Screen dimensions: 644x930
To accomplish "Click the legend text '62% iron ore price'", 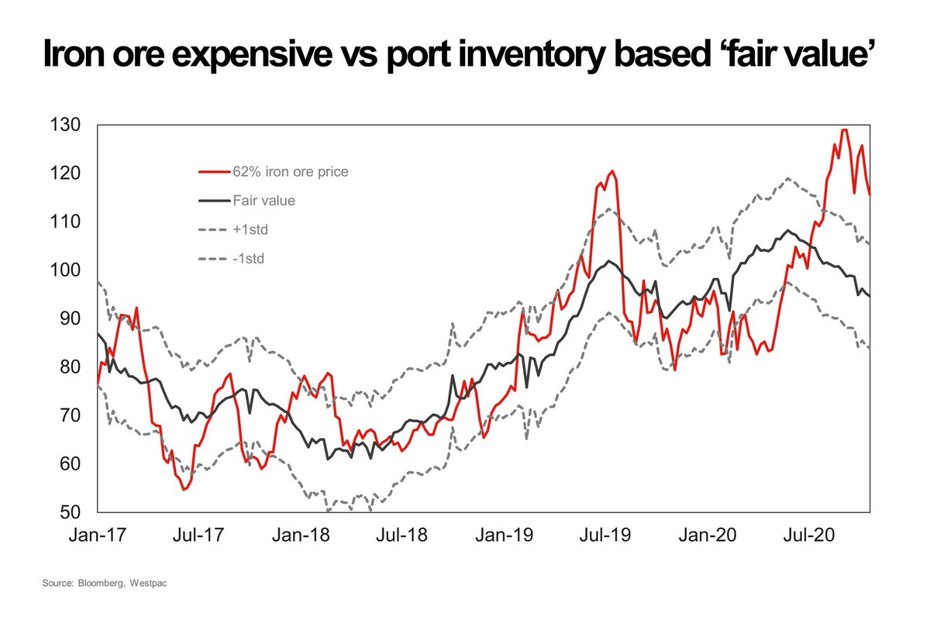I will tap(290, 172).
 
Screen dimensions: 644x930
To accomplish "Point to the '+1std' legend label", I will tap(248, 229).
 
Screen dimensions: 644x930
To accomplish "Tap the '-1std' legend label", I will tap(248, 259).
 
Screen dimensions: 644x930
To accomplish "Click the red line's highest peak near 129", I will tap(844, 129).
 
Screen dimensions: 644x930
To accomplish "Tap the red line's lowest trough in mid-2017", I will tap(184, 490).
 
